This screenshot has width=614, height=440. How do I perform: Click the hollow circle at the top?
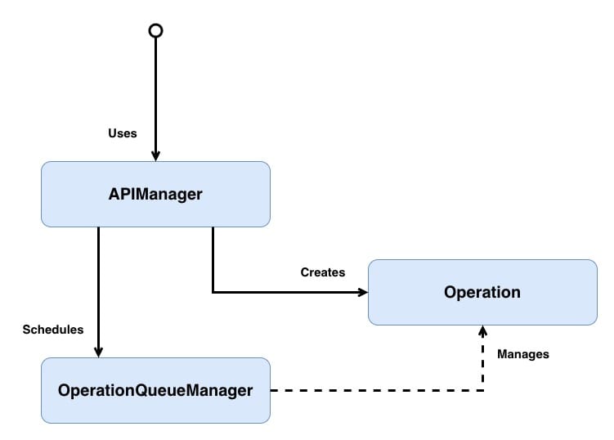(x=155, y=30)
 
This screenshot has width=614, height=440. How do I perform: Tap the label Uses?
(x=123, y=132)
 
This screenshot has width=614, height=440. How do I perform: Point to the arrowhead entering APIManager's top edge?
(x=155, y=155)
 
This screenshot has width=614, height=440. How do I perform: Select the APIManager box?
(x=155, y=194)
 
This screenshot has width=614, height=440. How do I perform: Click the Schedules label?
(x=53, y=330)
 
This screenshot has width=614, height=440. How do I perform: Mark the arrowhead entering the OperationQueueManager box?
(x=98, y=352)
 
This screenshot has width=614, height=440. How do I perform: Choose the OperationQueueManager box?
(x=155, y=390)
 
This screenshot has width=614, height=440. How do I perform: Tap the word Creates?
(x=323, y=272)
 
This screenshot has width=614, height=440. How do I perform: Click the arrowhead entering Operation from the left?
(x=362, y=292)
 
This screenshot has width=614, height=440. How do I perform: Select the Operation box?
(x=482, y=292)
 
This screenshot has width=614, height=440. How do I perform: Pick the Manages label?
(x=522, y=354)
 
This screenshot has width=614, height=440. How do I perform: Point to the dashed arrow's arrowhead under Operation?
(x=482, y=331)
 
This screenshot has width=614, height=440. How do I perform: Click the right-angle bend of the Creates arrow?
(x=213, y=292)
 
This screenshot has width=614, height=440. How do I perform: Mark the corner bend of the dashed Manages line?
(x=482, y=390)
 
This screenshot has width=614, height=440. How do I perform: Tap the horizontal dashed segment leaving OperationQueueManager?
(x=376, y=390)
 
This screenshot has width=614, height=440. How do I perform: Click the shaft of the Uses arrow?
(x=155, y=90)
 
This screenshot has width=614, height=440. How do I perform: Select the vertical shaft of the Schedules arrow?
(x=98, y=286)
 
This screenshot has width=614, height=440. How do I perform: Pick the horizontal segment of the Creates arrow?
(x=286, y=292)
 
